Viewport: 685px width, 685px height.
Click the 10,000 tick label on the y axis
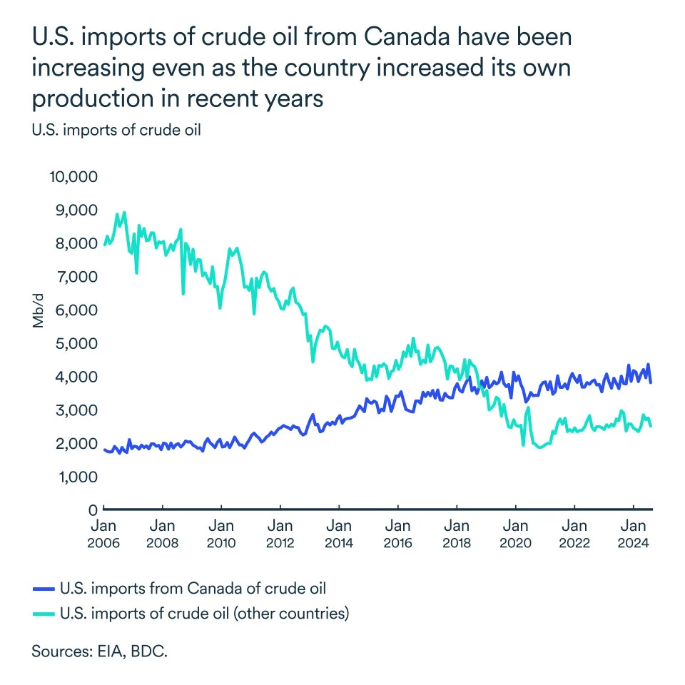point(73,176)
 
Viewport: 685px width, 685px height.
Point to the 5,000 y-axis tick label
point(76,343)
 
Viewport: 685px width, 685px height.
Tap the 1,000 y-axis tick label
point(76,477)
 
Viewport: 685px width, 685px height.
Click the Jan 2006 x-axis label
point(104,534)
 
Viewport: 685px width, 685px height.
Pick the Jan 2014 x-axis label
point(339,534)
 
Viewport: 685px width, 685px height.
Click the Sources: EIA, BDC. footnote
point(99,651)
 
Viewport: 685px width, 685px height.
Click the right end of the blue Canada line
point(651,382)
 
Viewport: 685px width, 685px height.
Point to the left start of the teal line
point(105,245)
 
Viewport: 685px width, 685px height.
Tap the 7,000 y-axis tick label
point(76,276)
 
